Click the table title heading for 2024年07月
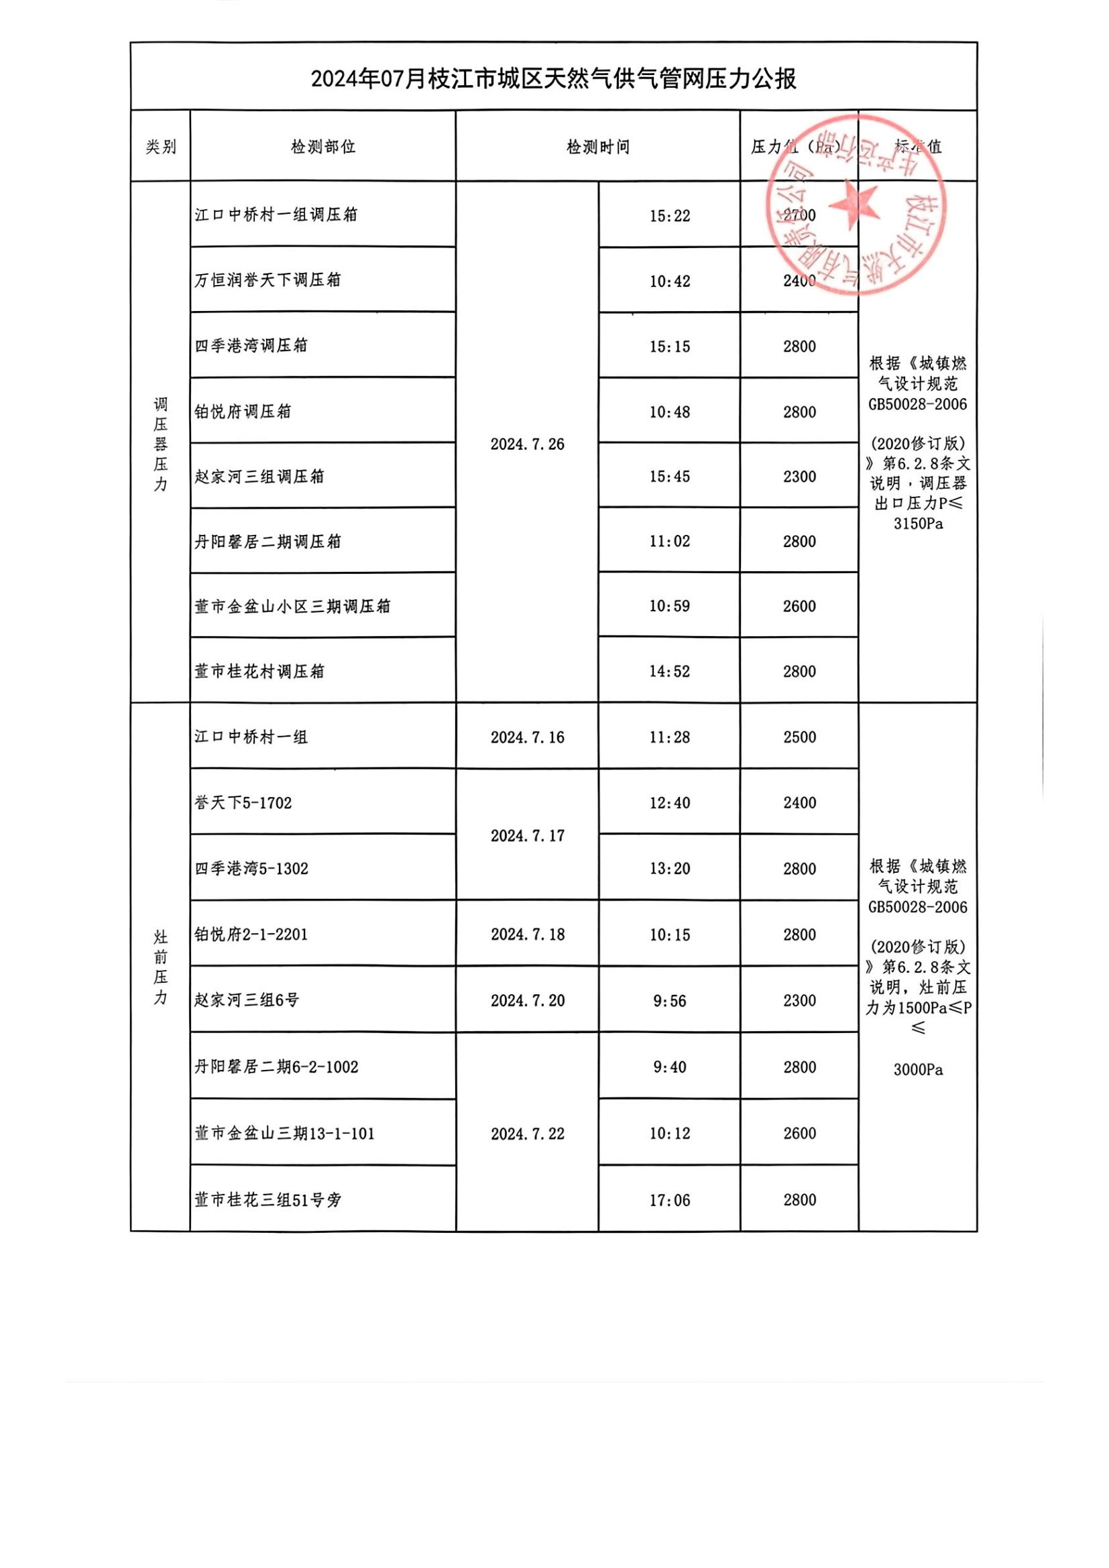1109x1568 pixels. point(553,79)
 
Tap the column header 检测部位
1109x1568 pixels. point(323,147)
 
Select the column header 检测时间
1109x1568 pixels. point(597,147)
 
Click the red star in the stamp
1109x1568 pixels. point(853,204)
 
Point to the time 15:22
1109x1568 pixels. point(669,216)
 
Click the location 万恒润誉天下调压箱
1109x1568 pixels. point(267,280)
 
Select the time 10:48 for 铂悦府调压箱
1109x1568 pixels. point(669,412)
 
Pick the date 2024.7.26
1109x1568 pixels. point(527,444)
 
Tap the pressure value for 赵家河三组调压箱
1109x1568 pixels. point(799,477)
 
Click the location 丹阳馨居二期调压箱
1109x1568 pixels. point(267,542)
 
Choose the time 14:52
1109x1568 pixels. point(669,671)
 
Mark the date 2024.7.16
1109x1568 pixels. point(527,737)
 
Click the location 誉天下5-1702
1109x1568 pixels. point(243,803)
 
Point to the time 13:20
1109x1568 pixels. point(669,869)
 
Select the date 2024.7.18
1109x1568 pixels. point(527,934)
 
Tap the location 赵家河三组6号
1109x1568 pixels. point(247,1000)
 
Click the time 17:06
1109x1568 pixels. point(669,1200)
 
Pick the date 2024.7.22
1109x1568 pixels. point(527,1134)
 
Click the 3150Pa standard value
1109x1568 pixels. point(918,524)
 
